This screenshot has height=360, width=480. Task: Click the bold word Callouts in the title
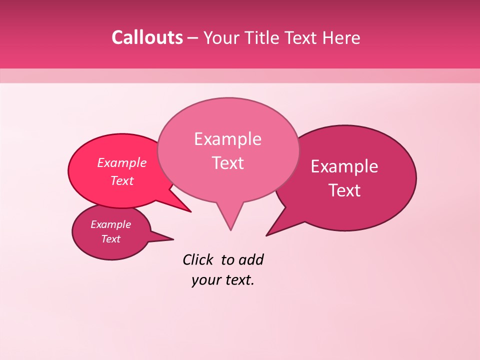pyautogui.click(x=147, y=37)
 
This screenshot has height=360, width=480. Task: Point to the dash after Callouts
pyautogui.click(x=192, y=38)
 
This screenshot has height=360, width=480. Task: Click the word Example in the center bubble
pyautogui.click(x=227, y=139)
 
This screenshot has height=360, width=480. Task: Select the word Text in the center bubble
pyautogui.click(x=227, y=163)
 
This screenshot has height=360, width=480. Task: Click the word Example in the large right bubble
pyautogui.click(x=344, y=166)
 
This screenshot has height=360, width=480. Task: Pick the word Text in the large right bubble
pyautogui.click(x=344, y=190)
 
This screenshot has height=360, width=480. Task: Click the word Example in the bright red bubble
pyautogui.click(x=122, y=162)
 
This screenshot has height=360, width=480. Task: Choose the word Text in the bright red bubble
pyautogui.click(x=122, y=180)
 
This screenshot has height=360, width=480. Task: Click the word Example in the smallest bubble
pyautogui.click(x=111, y=224)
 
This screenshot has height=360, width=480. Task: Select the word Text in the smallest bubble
pyautogui.click(x=111, y=239)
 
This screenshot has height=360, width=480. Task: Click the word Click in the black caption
pyautogui.click(x=198, y=259)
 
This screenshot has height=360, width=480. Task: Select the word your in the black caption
pyautogui.click(x=205, y=280)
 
